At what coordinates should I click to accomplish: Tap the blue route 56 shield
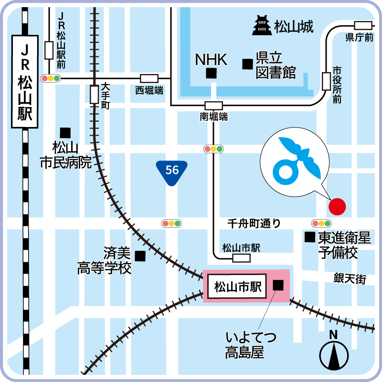pyautogui.click(x=172, y=172)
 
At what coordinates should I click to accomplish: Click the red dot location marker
pyautogui.click(x=337, y=206)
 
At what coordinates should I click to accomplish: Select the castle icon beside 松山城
pyautogui.click(x=262, y=26)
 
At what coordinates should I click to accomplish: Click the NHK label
pyautogui.click(x=211, y=60)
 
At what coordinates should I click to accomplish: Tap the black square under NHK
pyautogui.click(x=211, y=74)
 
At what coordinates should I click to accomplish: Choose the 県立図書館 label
pyautogui.click(x=276, y=65)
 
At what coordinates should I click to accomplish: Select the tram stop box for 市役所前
pyautogui.click(x=327, y=81)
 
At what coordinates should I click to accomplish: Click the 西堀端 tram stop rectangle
pyautogui.click(x=149, y=78)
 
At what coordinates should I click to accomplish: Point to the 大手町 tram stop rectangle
pyautogui.click(x=94, y=94)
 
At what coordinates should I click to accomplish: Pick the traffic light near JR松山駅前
pyautogui.click(x=51, y=78)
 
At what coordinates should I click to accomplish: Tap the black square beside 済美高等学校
pyautogui.click(x=140, y=256)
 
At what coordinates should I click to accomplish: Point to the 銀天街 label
pyautogui.click(x=350, y=278)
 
